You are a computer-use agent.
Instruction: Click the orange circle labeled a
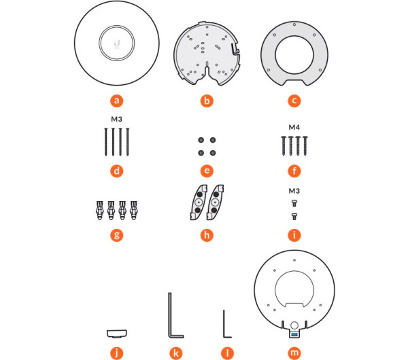tap(116, 101)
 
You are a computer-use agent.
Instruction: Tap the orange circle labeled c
tap(294, 101)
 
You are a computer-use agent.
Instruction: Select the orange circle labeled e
tap(207, 170)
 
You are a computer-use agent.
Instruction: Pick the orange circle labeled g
tap(116, 235)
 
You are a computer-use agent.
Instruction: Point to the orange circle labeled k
tap(176, 353)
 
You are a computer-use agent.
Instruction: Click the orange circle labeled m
tap(294, 353)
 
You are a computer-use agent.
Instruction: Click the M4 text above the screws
tap(294, 127)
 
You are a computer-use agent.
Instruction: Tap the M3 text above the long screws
tap(116, 119)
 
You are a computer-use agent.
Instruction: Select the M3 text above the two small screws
tap(294, 191)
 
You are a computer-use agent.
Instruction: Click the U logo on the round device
tap(116, 43)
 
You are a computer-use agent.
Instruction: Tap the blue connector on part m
tap(294, 334)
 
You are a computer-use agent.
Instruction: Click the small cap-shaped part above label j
tap(117, 334)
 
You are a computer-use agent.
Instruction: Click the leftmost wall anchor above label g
tap(100, 211)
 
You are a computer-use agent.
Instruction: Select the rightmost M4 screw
tap(305, 145)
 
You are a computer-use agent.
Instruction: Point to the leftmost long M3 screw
tap(105, 142)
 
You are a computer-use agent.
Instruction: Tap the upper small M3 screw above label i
tap(294, 203)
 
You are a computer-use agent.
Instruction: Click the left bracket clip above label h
tap(199, 202)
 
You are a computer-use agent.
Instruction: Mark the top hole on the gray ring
tap(294, 24)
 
